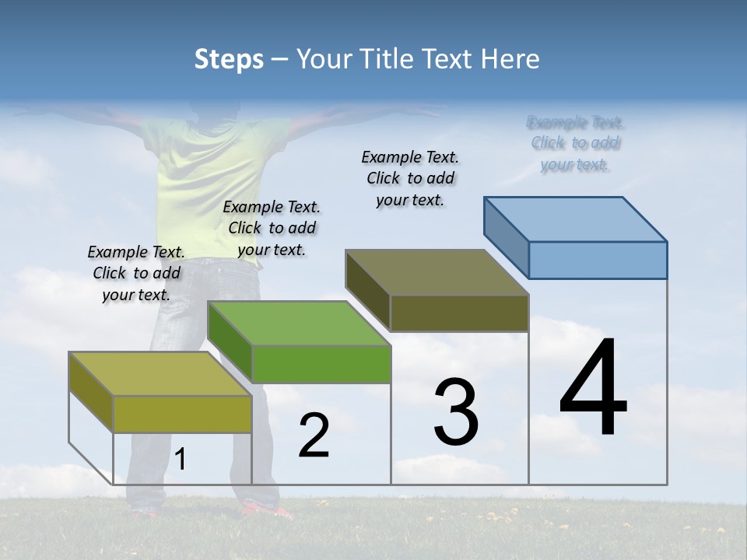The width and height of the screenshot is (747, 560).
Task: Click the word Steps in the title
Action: click(229, 59)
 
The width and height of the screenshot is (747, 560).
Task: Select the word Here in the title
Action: click(510, 59)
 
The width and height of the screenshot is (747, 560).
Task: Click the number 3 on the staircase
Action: click(456, 412)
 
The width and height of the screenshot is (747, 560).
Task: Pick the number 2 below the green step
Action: click(314, 436)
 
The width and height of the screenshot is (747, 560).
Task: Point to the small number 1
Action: click(181, 460)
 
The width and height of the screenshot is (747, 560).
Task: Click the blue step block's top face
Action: click(576, 219)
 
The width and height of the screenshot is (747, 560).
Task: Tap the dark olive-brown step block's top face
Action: click(437, 272)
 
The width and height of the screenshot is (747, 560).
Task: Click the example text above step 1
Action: click(136, 273)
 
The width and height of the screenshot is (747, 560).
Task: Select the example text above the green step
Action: click(272, 228)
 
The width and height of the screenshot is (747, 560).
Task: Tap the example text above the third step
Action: click(410, 178)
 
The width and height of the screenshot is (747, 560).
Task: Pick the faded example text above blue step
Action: click(575, 143)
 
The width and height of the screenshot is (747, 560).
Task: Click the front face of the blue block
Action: click(598, 260)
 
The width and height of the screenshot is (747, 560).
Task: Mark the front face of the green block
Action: click(321, 364)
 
